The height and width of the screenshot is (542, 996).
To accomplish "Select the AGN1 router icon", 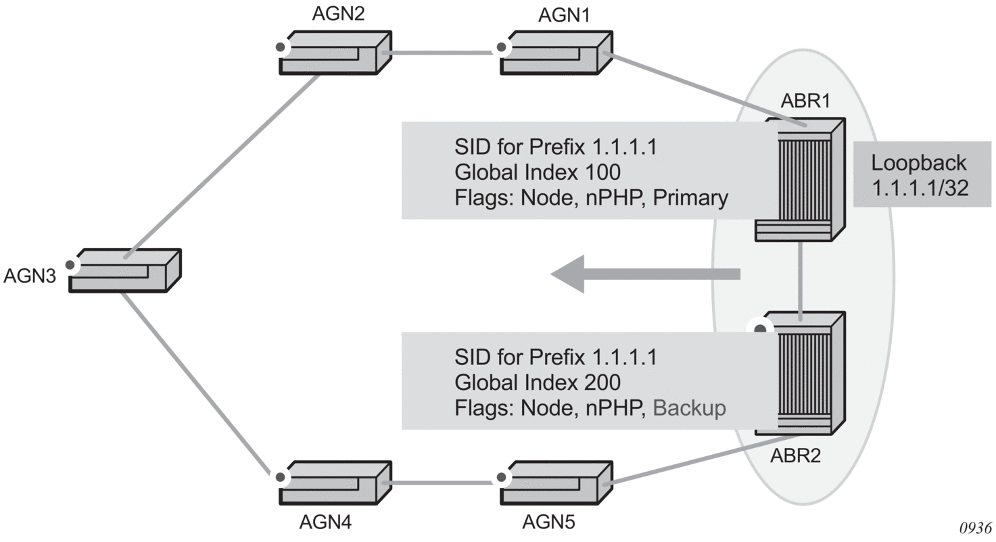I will tap(556, 52).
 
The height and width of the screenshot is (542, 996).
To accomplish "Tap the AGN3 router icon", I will tap(126, 270).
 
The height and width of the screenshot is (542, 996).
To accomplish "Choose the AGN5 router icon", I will tap(556, 483).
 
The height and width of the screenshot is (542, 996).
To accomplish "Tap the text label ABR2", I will tap(795, 456).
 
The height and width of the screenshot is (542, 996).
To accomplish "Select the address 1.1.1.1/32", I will tap(920, 187).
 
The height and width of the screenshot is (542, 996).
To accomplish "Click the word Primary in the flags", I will tap(691, 198).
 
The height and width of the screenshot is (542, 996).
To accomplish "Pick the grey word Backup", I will tap(690, 408).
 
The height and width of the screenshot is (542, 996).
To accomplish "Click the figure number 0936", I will tap(975, 528).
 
